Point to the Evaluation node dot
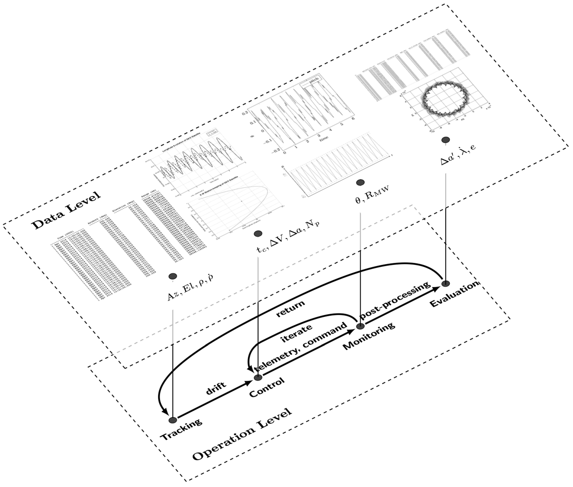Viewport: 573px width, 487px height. pyautogui.click(x=445, y=283)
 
